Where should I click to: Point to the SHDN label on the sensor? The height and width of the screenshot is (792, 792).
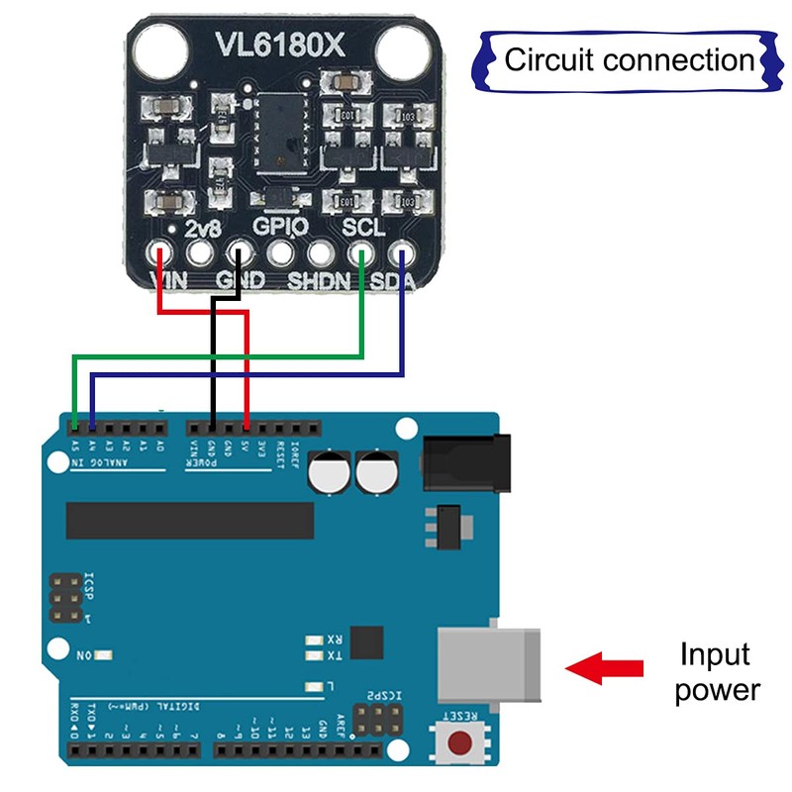coord(319,281)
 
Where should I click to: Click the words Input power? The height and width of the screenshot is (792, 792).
coord(717,672)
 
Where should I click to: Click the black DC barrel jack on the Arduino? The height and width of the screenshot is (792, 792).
coord(466,461)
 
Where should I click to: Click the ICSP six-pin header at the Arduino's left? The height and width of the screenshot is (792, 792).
coord(66,596)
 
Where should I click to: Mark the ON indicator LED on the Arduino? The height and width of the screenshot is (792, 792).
coord(102,655)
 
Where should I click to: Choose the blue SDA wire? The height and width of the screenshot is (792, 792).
coord(247,375)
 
